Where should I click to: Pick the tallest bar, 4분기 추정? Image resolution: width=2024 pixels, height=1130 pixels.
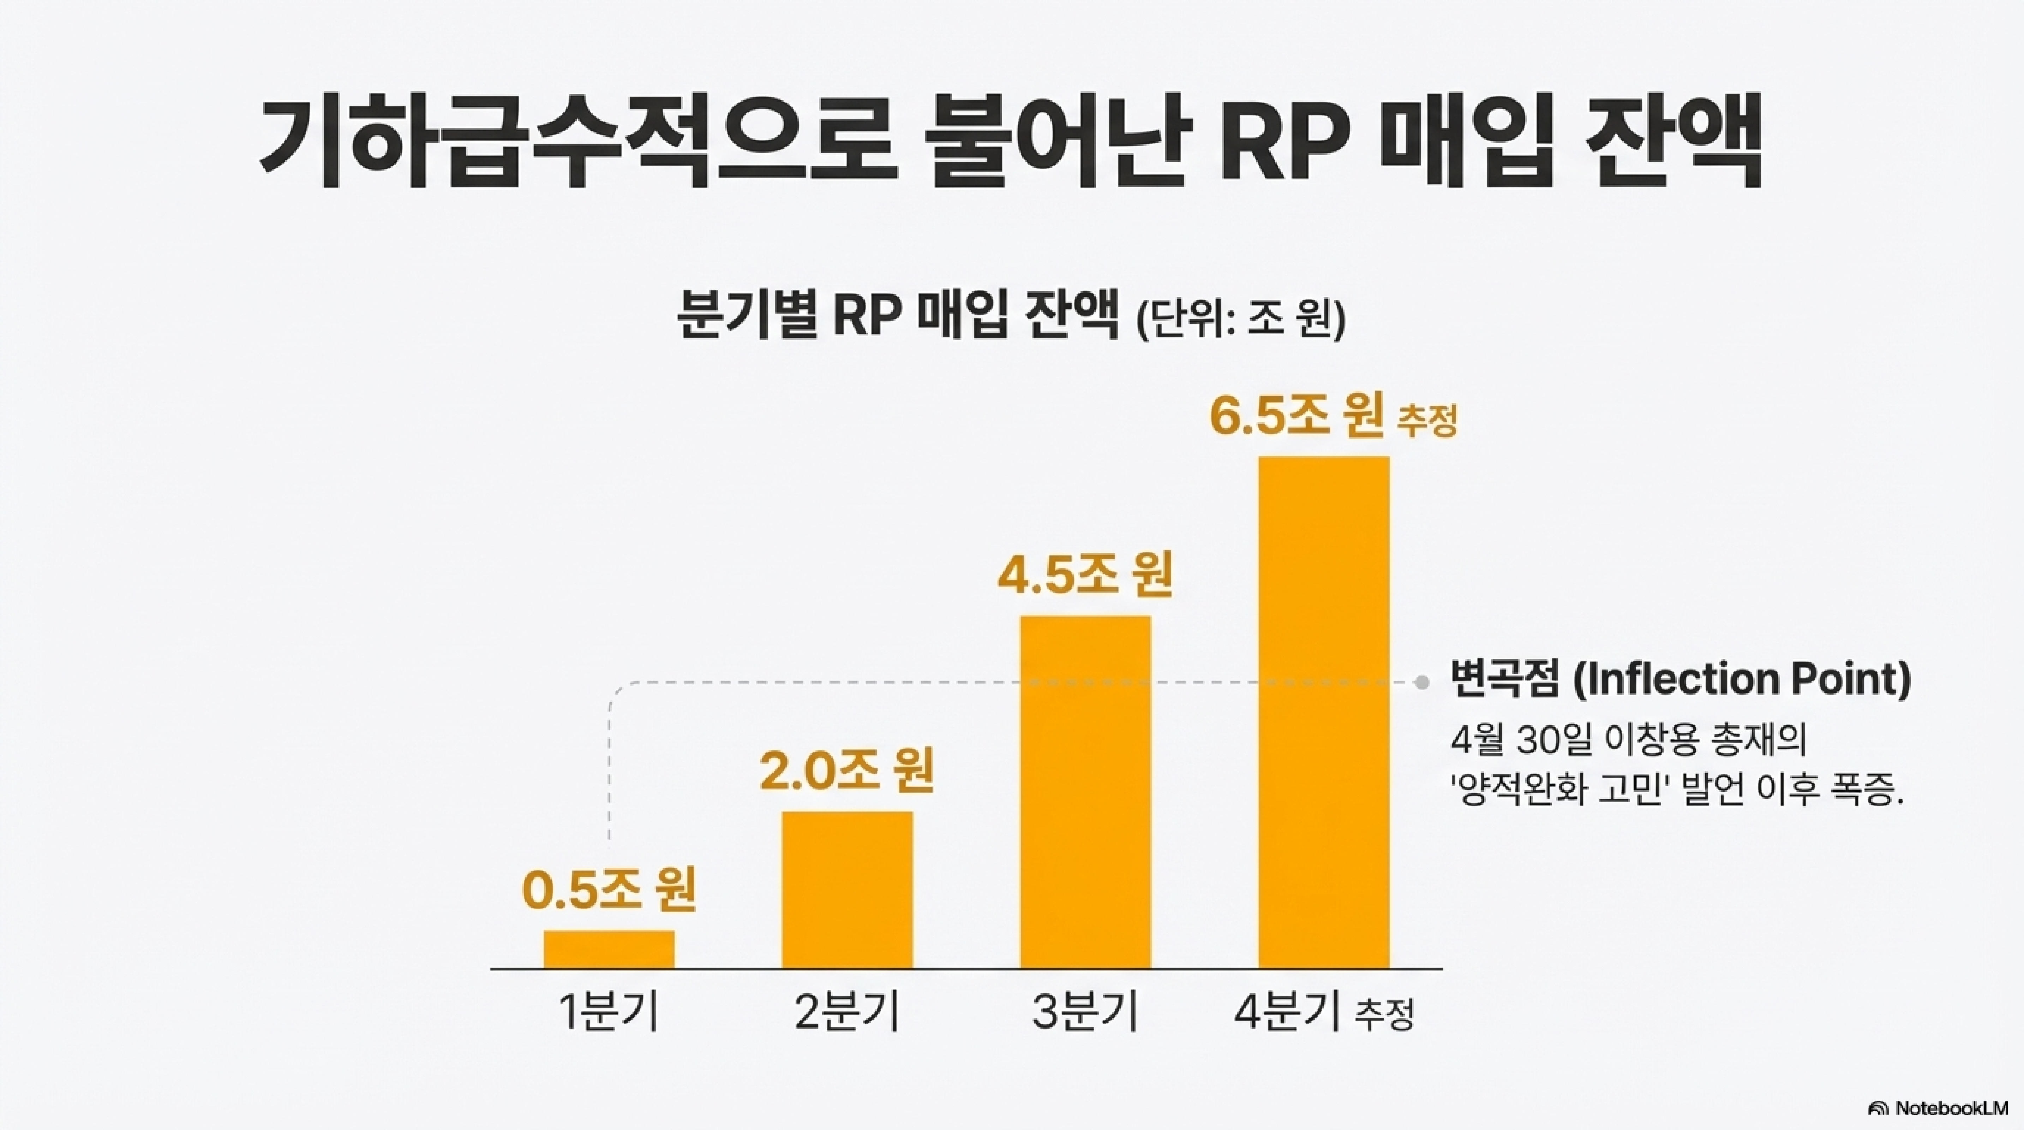coord(1324,712)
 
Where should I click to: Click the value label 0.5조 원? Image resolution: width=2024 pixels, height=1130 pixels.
coord(609,890)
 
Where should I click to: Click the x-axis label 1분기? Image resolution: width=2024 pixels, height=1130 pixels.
coord(609,1012)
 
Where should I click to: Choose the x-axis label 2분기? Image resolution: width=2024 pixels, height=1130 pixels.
coord(847,1012)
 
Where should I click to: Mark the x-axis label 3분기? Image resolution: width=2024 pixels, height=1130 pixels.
coord(1085,1012)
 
